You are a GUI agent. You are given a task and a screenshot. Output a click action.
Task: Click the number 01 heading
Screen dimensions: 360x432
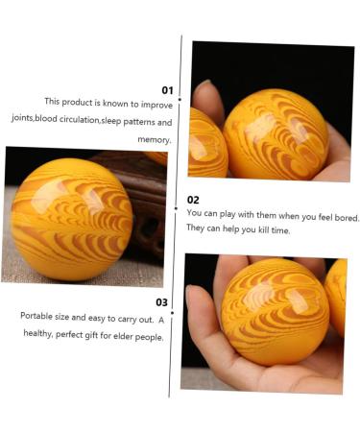click(167, 90)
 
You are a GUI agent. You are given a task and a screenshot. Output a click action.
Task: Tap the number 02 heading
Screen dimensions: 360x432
click(193, 200)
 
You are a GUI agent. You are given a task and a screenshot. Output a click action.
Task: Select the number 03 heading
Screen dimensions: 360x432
click(161, 302)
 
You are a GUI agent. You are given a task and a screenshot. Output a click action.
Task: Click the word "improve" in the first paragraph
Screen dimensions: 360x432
click(156, 105)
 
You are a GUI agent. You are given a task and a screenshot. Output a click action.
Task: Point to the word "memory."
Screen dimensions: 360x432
click(155, 139)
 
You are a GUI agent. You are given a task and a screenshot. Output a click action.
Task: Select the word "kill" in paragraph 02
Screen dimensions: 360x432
click(263, 229)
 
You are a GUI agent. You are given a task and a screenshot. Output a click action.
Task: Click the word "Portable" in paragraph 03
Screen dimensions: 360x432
click(36, 316)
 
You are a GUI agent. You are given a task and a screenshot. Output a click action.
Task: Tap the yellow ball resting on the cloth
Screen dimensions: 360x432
click(72, 219)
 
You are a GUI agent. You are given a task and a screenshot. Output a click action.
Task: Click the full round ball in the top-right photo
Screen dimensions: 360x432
click(276, 134)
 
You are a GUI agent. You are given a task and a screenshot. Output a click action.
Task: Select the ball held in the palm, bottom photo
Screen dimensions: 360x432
click(275, 312)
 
